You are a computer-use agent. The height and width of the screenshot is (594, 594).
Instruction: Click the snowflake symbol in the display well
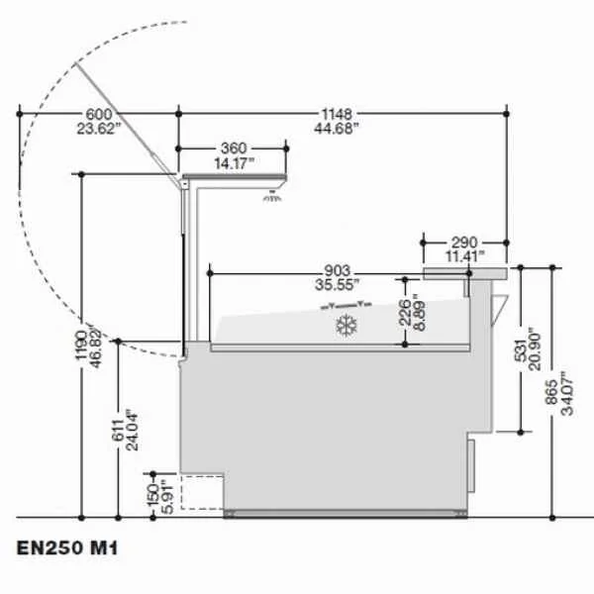pos(346,325)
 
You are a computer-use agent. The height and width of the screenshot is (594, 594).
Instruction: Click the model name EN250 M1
pos(67,547)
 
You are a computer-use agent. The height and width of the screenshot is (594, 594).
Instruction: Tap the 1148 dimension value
pos(337,114)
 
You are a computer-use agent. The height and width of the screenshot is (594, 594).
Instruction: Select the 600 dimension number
pos(99,114)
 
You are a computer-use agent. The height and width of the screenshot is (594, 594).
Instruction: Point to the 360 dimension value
pos(234,148)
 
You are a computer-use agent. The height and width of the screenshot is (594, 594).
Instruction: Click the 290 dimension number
pos(464,243)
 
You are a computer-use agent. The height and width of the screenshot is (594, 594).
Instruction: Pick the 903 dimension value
pos(338,270)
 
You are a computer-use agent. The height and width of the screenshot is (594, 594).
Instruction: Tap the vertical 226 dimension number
pos(405,312)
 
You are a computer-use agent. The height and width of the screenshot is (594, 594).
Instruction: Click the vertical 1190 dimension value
pos(81,346)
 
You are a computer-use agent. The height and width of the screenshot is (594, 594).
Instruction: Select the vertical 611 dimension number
pos(118,431)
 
